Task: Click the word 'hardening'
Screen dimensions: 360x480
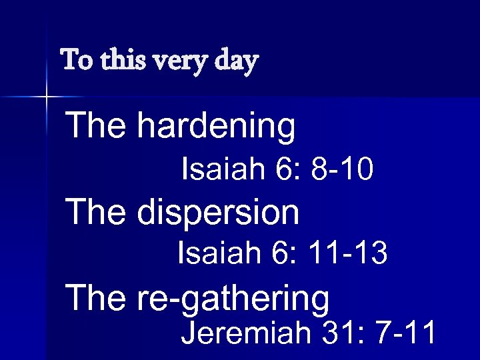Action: coord(215,127)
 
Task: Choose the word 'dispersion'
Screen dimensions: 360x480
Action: coord(218,213)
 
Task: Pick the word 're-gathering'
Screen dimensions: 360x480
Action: coord(233,299)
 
